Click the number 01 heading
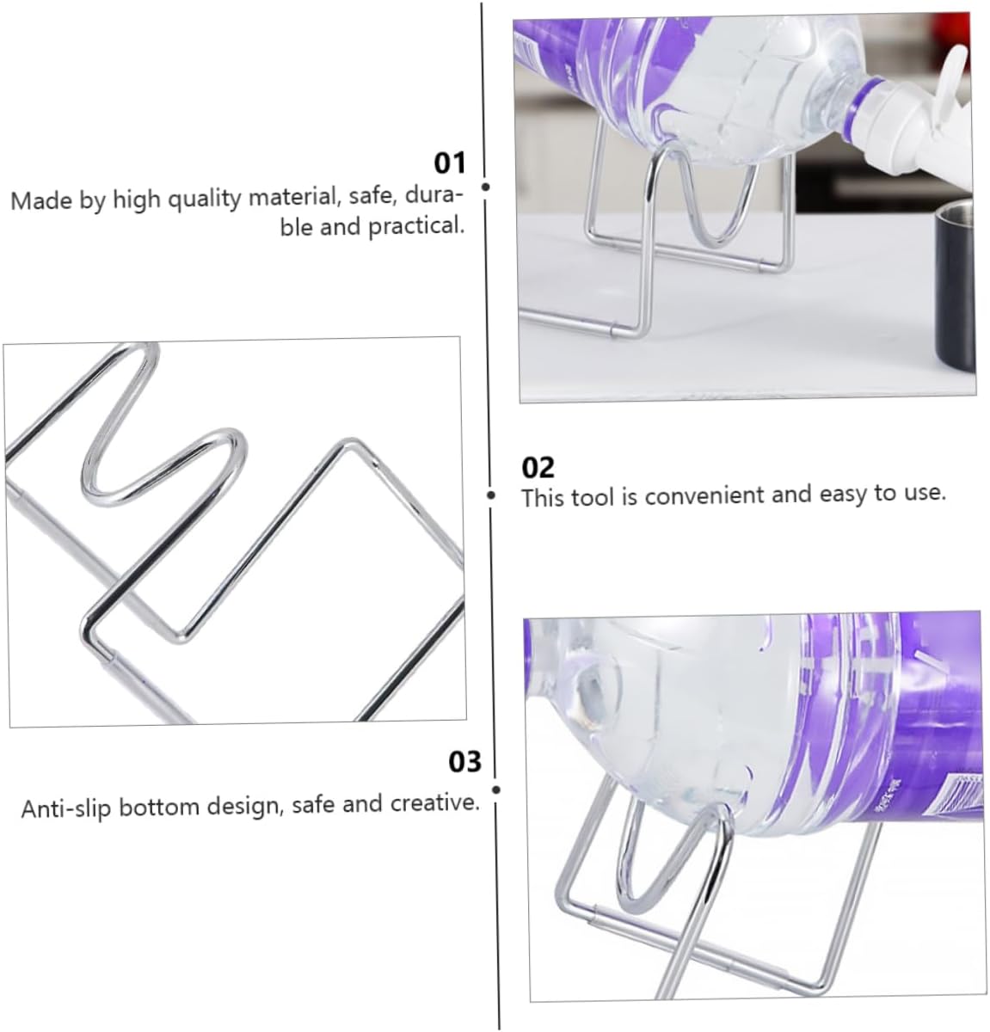tap(449, 163)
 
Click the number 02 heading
tap(538, 467)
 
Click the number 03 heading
tap(465, 762)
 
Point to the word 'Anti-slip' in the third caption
tap(66, 809)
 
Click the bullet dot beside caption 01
tap(486, 187)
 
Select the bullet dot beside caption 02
tap(491, 495)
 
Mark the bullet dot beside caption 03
tap(496, 789)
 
